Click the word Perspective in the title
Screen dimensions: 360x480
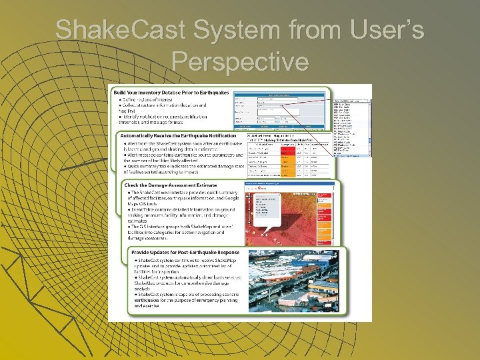[x=240, y=61]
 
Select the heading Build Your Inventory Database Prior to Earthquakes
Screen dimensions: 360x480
[x=171, y=92]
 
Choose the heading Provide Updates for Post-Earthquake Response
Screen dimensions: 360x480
[x=185, y=254]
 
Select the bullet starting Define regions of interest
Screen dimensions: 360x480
[x=153, y=99]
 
